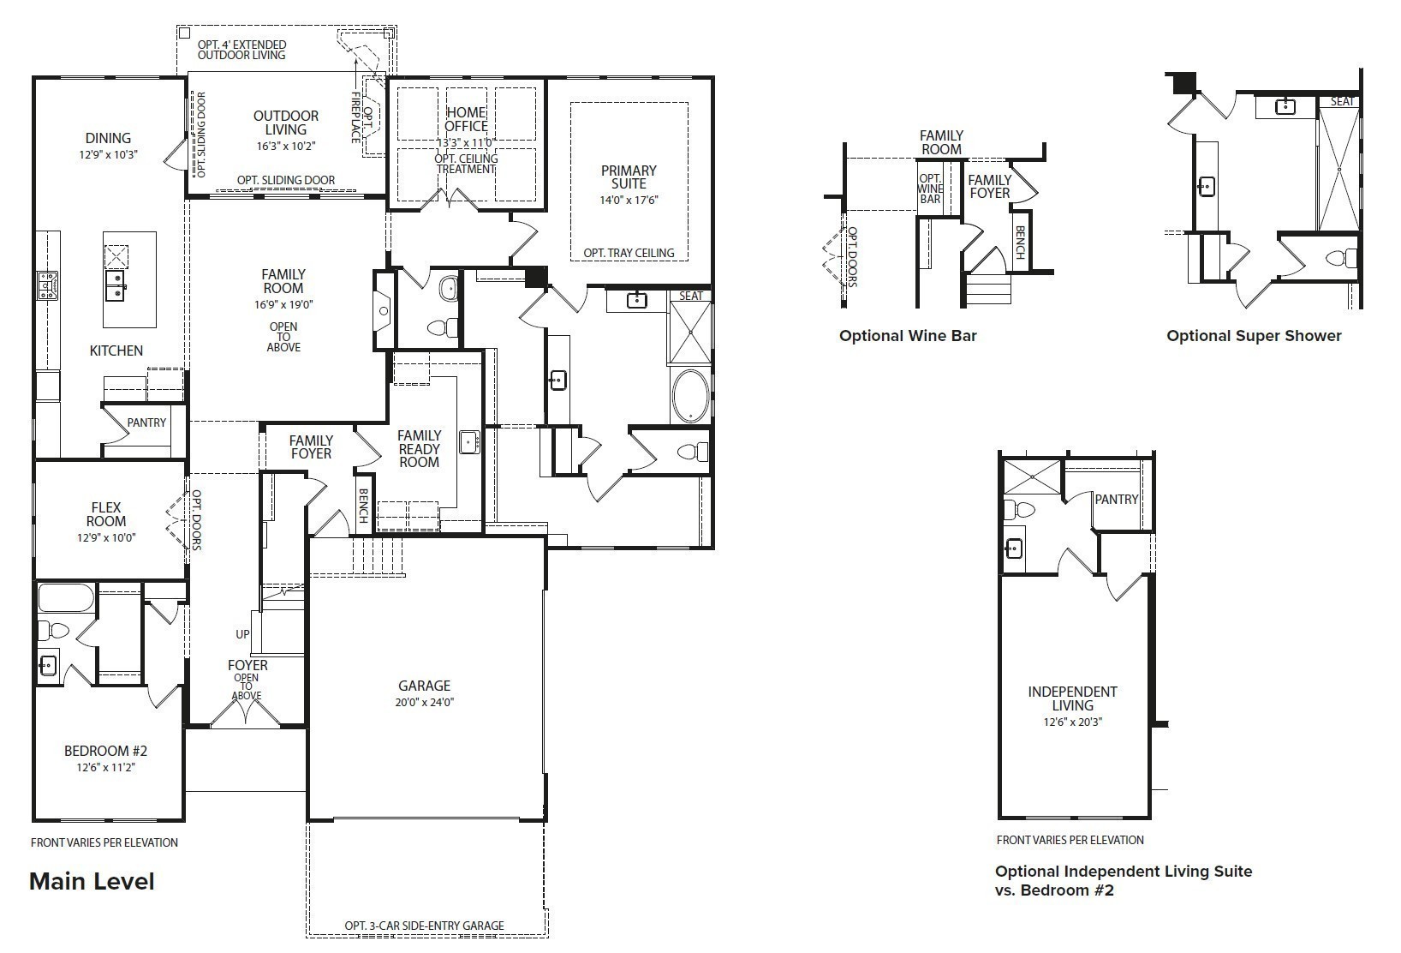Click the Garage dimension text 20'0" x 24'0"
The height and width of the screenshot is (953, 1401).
[x=424, y=702]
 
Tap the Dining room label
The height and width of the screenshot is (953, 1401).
[x=108, y=138]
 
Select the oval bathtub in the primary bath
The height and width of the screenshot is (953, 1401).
[x=690, y=395]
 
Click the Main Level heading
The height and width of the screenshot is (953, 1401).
[x=92, y=881]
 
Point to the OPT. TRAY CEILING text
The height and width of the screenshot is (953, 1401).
[x=629, y=253]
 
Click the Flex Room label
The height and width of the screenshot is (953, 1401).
[x=106, y=514]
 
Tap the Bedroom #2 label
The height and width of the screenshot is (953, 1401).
[x=106, y=751]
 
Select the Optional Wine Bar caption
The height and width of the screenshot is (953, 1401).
[x=908, y=336]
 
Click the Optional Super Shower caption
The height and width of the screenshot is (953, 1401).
[x=1254, y=336]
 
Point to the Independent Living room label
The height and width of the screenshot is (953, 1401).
[x=1072, y=698]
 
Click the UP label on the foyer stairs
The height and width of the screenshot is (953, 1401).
[x=242, y=635]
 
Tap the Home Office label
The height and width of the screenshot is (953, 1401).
[x=466, y=119]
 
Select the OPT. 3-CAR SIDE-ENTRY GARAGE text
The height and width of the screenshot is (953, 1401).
[x=424, y=926]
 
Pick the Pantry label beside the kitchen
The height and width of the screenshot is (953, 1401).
[x=146, y=423]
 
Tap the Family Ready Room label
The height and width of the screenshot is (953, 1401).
[x=419, y=449]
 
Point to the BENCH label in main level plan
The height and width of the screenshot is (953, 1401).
[x=363, y=506]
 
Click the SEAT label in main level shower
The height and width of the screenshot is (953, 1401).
[x=690, y=296]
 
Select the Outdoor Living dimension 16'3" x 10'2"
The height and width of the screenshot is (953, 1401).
[x=285, y=146]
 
